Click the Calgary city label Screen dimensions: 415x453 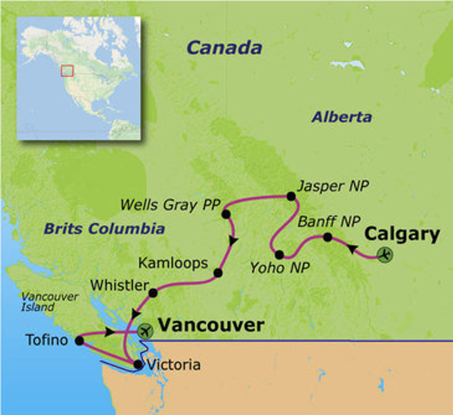pyautogui.click(x=403, y=234)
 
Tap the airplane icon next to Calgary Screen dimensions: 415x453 pyautogui.click(x=385, y=254)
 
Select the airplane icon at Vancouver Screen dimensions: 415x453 pyautogui.click(x=145, y=331)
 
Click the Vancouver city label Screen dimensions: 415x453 pyautogui.click(x=211, y=325)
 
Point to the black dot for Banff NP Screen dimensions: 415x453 pyautogui.click(x=327, y=237)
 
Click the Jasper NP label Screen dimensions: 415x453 pyautogui.click(x=333, y=186)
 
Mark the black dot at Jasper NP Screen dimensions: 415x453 pyautogui.click(x=291, y=196)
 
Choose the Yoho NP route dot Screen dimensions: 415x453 pyautogui.click(x=279, y=255)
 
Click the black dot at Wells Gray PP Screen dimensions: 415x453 pyautogui.click(x=226, y=215)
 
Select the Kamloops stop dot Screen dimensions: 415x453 pyautogui.click(x=218, y=273)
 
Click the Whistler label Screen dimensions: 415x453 pyautogui.click(x=119, y=286)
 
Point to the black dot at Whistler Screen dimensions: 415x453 pyautogui.click(x=153, y=293)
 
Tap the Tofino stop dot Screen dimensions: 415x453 pyautogui.click(x=80, y=341)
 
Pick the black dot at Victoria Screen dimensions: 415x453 pyautogui.click(x=138, y=365)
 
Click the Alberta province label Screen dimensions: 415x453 pyautogui.click(x=342, y=117)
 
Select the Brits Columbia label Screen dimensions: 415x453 pyautogui.click(x=104, y=229)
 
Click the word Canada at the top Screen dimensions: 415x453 pyautogui.click(x=224, y=48)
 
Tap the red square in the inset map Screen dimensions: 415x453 pyautogui.click(x=67, y=71)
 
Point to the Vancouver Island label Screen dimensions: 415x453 pyautogui.click(x=49, y=302)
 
